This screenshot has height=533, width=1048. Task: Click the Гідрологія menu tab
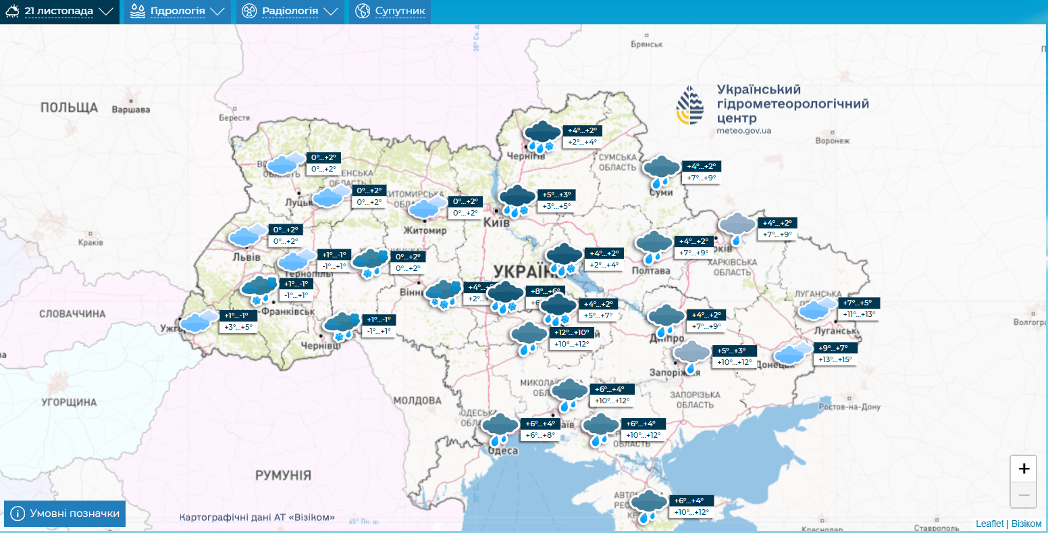click(177, 11)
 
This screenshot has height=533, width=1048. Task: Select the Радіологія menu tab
click(290, 11)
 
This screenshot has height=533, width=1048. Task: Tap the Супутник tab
click(390, 11)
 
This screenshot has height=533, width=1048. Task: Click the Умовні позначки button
click(65, 513)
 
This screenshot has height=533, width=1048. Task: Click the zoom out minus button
click(1024, 495)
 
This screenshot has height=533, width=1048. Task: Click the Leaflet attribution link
click(989, 524)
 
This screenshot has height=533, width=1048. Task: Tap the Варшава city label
click(130, 109)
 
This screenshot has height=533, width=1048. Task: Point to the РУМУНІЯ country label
click(283, 476)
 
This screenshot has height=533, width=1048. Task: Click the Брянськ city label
click(647, 44)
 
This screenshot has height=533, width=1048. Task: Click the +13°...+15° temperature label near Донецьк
click(837, 359)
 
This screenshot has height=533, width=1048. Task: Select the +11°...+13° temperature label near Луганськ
click(859, 314)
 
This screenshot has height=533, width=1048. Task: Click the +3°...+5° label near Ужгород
click(239, 327)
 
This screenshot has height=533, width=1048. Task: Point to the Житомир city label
click(427, 230)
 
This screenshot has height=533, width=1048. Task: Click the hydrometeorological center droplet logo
click(689, 107)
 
